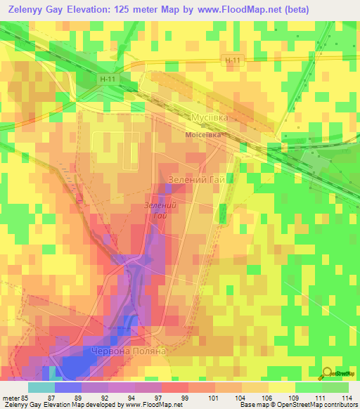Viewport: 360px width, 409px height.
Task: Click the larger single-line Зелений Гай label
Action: [200, 180]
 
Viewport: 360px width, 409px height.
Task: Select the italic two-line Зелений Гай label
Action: [158, 210]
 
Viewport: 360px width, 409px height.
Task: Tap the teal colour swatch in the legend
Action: [41, 387]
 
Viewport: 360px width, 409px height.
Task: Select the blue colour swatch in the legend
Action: [67, 387]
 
